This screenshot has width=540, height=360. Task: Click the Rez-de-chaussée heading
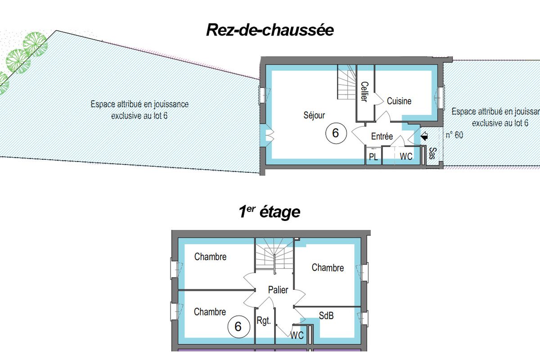point(270,30)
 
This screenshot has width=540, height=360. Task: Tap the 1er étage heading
point(269,211)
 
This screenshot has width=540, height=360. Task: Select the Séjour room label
point(314,115)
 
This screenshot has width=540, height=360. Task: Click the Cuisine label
point(399,101)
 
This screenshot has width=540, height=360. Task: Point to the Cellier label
point(364,92)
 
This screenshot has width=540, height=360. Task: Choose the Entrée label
point(382,136)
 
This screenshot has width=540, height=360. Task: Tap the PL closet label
point(373,157)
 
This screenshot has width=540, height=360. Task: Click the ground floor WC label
point(406,157)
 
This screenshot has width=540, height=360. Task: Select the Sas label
point(433,153)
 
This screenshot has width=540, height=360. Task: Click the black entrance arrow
point(424,136)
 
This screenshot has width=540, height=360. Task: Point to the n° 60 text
point(454,135)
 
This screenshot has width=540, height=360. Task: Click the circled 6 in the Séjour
point(336,133)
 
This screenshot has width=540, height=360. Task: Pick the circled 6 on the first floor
point(238,327)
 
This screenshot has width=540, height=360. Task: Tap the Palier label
point(278,290)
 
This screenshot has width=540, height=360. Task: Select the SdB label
point(326,315)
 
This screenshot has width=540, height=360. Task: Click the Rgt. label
point(264,321)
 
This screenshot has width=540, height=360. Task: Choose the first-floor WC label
point(297,335)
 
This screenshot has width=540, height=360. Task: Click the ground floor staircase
point(346,82)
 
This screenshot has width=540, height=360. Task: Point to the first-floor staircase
point(274,254)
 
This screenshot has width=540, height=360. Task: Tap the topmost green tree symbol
point(35,44)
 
